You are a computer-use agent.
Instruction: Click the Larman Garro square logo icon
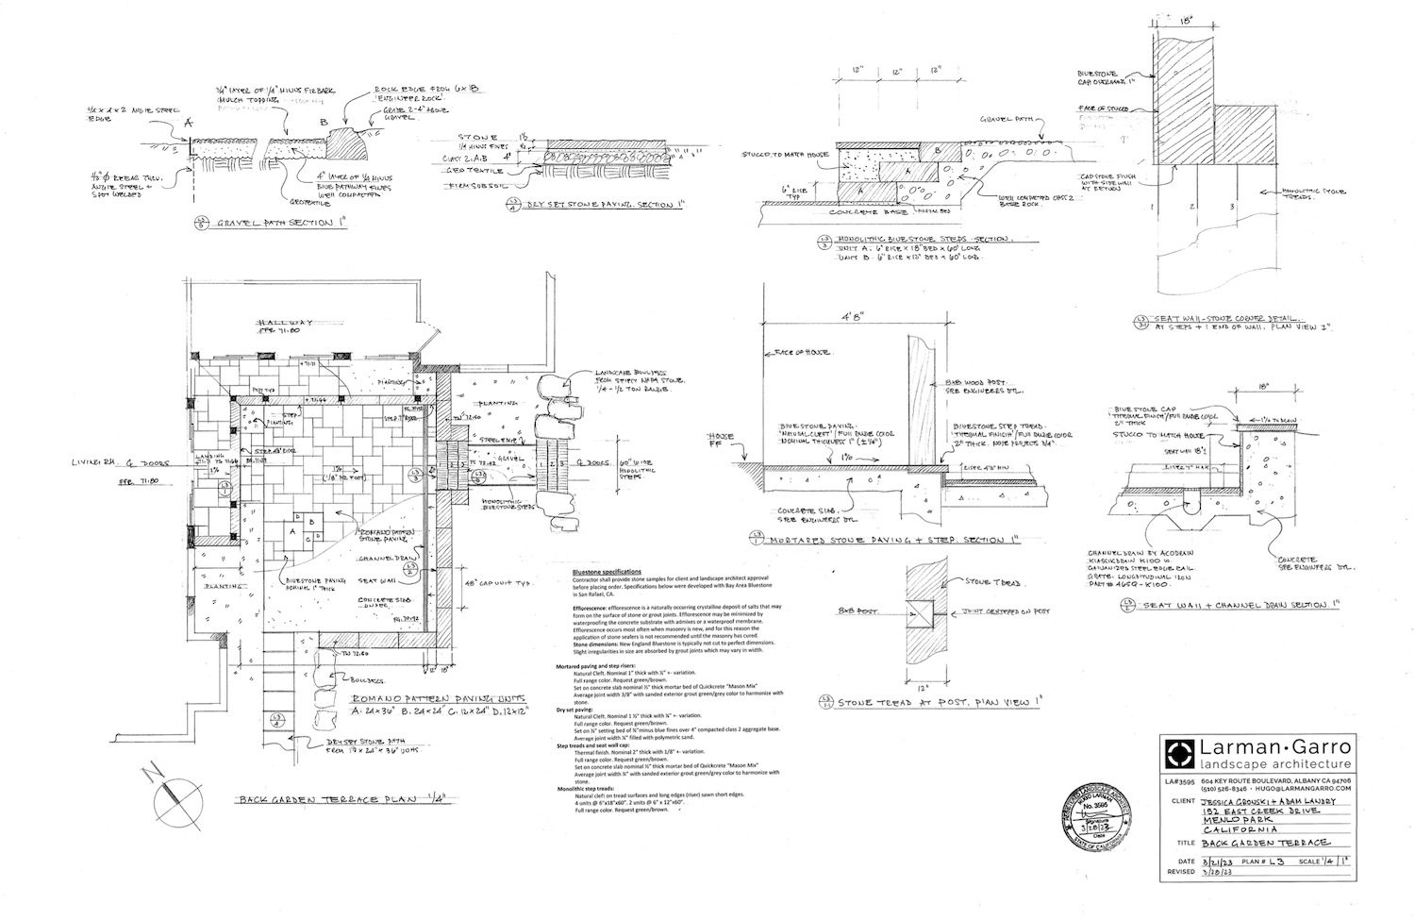click(x=1180, y=755)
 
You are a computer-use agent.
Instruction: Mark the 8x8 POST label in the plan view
click(x=854, y=611)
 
